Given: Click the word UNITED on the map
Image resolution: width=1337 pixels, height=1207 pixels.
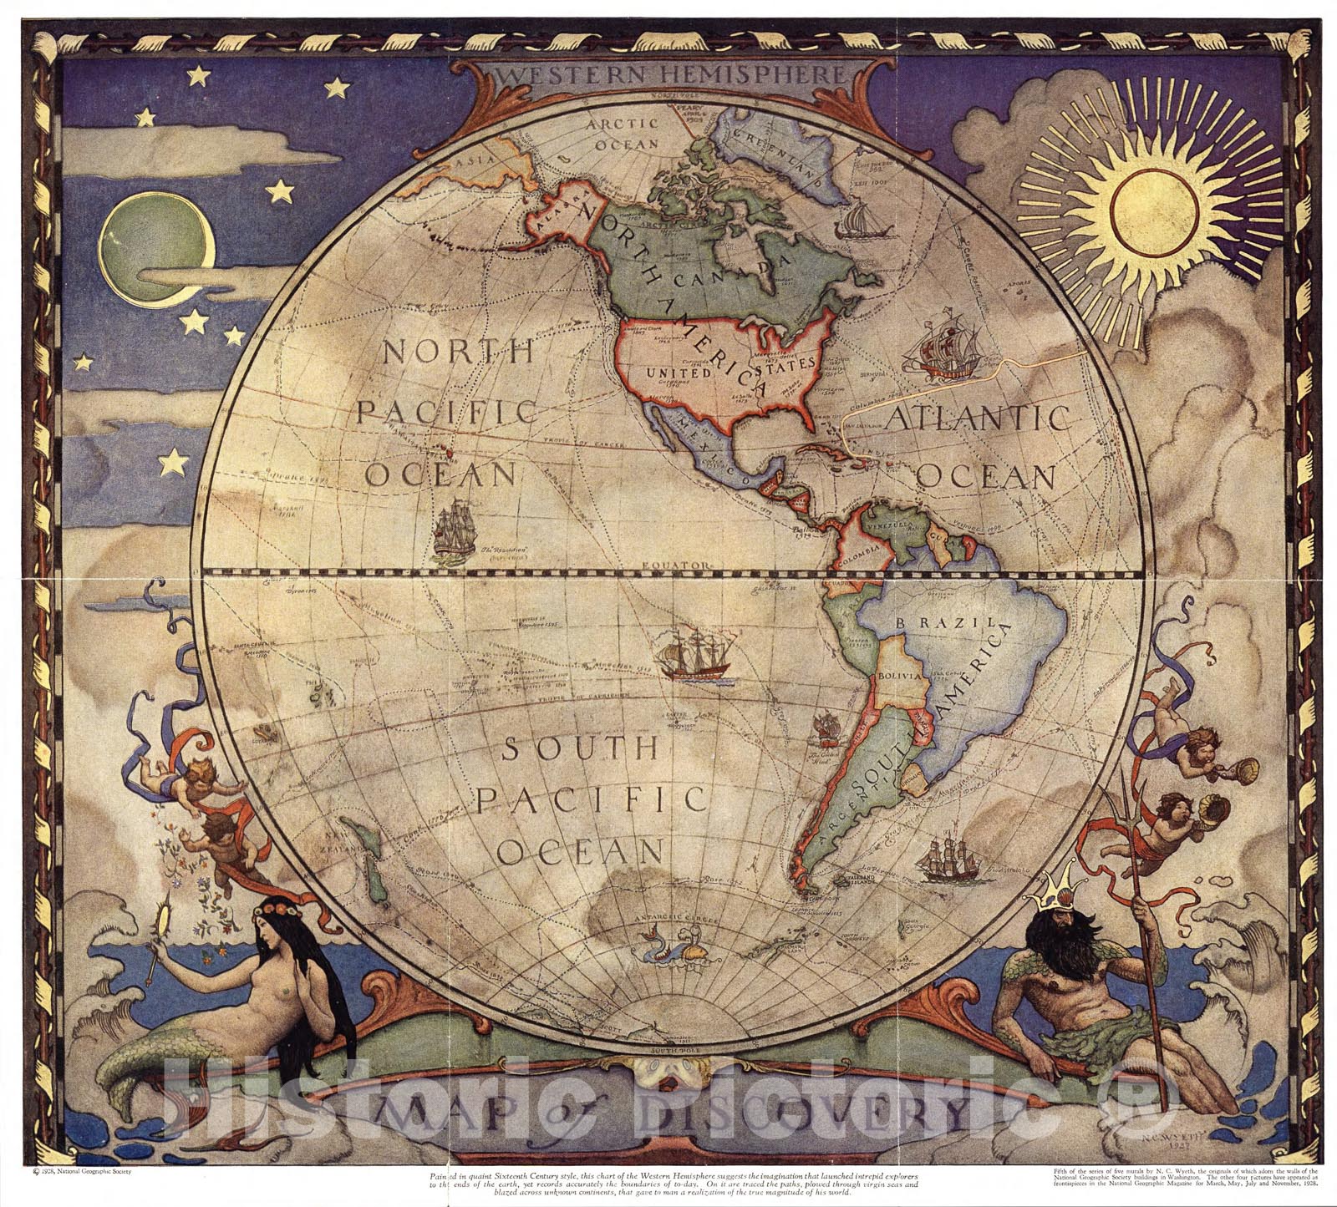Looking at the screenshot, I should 678,373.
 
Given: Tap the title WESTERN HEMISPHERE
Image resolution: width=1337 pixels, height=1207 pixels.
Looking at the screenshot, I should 668,74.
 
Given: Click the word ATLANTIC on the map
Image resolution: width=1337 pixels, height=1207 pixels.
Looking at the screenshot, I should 977,418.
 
